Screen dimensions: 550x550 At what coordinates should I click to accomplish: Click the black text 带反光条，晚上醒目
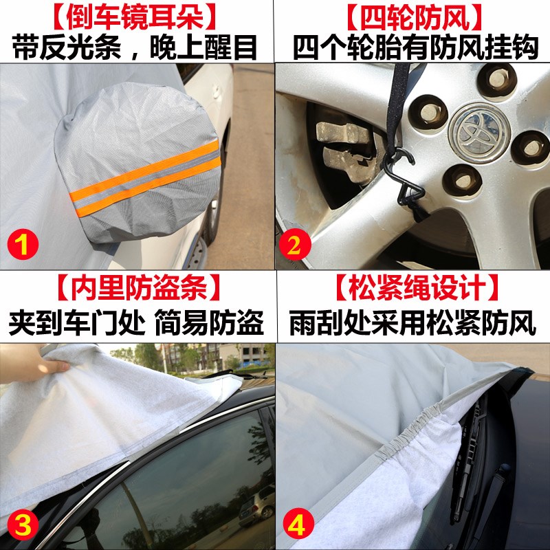[x=136, y=47]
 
